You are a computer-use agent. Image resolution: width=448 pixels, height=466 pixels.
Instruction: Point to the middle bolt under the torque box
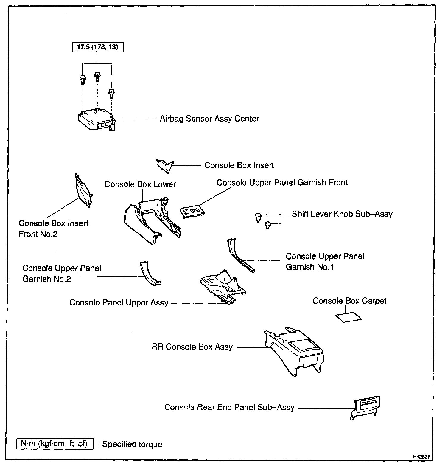97,77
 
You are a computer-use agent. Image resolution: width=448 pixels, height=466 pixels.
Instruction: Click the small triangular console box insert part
164,165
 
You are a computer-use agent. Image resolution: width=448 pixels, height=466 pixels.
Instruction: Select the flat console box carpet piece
349,317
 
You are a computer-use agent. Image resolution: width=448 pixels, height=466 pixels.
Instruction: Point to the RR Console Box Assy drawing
293,352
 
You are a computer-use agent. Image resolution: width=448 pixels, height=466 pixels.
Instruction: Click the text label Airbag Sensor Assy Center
209,119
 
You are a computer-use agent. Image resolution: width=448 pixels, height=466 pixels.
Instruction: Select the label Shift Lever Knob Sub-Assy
342,214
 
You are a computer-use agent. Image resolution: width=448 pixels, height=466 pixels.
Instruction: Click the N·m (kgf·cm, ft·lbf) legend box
55,444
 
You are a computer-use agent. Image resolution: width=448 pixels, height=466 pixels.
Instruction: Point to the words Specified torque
132,444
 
